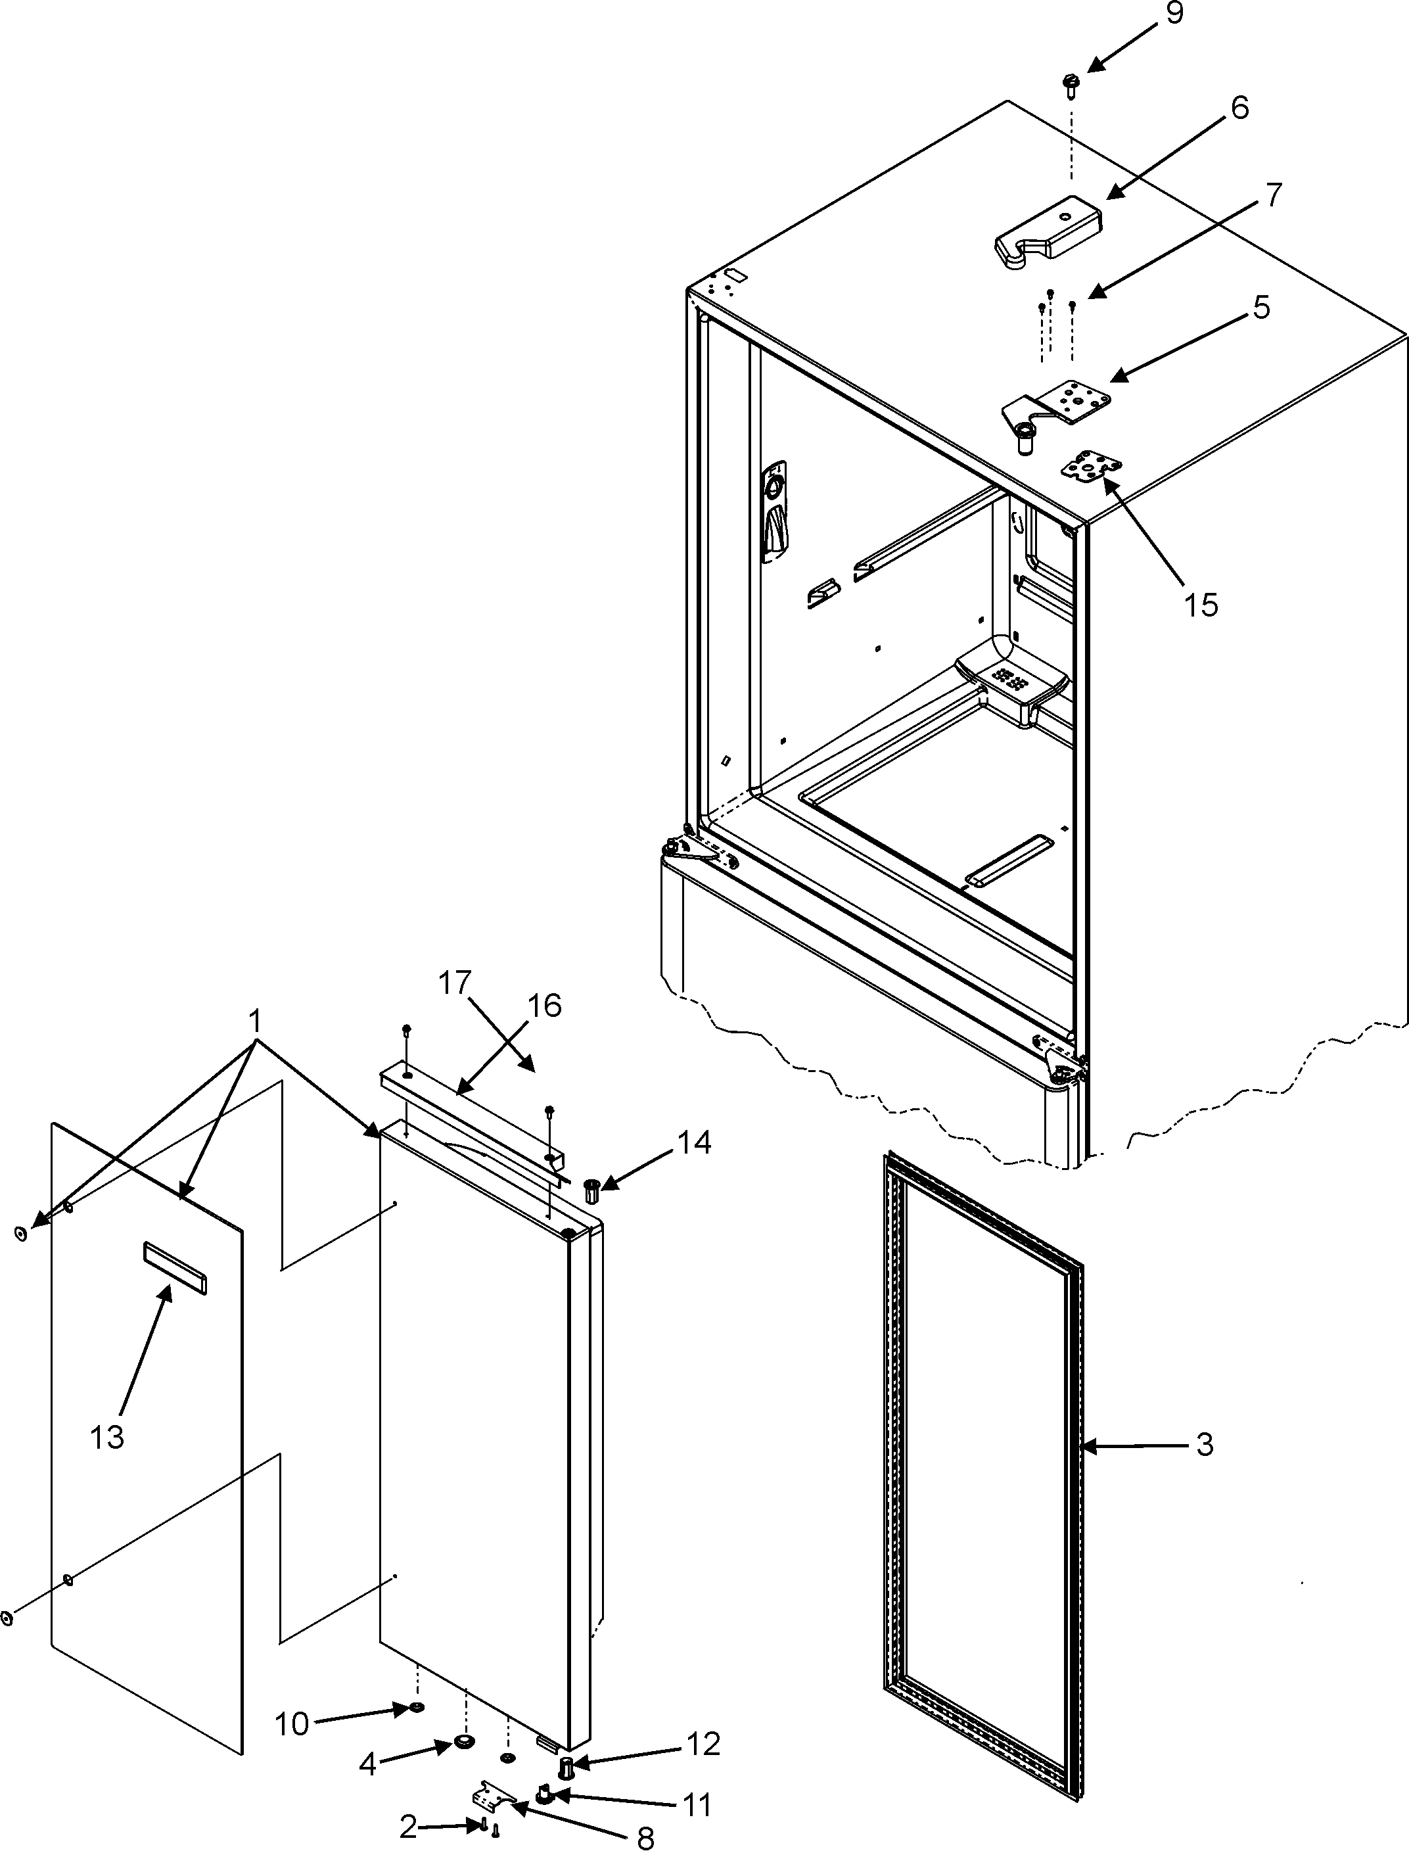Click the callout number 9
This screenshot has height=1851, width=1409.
[1174, 15]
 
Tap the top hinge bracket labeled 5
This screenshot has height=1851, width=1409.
[1059, 408]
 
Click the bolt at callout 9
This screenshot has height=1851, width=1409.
[1070, 85]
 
